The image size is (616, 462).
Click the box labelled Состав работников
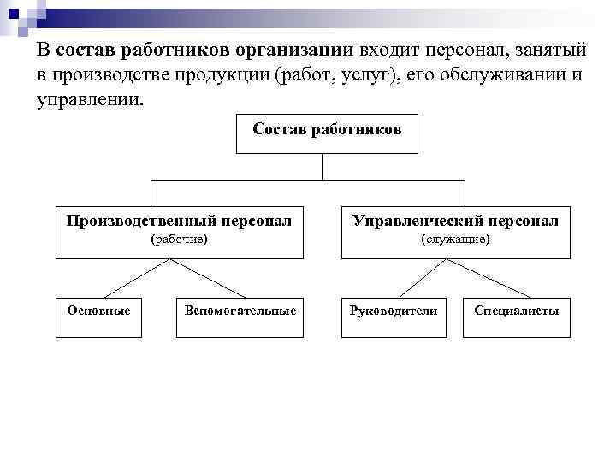click(x=327, y=133)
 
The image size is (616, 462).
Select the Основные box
click(x=99, y=311)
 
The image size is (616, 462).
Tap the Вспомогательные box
click(x=240, y=311)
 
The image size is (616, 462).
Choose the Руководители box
click(x=394, y=311)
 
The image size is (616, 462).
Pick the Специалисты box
click(x=517, y=311)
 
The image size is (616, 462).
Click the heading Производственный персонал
click(x=180, y=222)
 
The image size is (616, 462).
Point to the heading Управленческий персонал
click(x=455, y=222)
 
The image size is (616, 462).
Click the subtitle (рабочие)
click(x=180, y=240)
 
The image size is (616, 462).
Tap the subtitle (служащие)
click(x=455, y=240)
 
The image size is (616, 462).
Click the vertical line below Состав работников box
click(x=322, y=167)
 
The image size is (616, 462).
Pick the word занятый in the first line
click(x=544, y=50)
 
